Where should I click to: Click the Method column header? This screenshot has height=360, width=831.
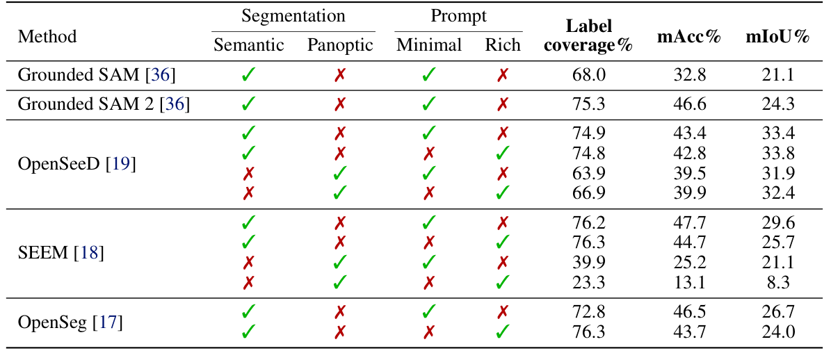47,36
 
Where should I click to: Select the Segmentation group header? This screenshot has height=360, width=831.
293,16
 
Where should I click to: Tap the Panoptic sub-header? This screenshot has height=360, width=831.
340,45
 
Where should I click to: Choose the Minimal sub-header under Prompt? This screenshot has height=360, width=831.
429,45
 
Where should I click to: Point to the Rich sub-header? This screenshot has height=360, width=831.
503,45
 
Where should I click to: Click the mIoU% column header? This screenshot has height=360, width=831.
778,37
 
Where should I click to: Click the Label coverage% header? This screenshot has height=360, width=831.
589,36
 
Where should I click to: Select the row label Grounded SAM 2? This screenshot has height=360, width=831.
104,104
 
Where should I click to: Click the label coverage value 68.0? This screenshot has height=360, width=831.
589,75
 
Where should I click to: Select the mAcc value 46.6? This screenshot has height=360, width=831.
690,104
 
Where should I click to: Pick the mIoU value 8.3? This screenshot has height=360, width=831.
778,283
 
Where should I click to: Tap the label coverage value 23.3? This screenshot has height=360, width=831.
589,283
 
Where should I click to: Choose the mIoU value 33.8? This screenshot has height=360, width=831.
778,154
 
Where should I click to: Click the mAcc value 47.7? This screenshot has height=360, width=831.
690,223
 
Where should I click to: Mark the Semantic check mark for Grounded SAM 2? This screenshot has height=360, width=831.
248,104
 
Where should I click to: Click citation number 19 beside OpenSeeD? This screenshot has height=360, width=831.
121,164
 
